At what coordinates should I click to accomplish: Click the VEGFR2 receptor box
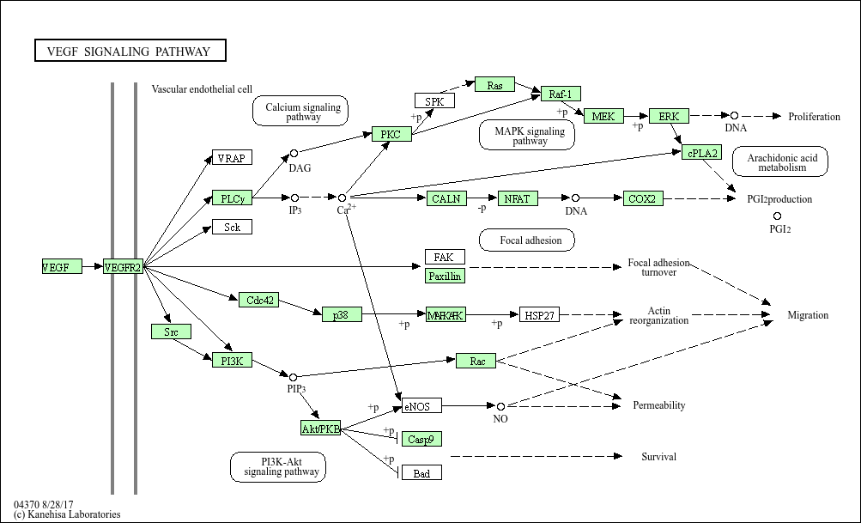[123, 266]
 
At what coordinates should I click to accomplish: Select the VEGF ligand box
[62, 266]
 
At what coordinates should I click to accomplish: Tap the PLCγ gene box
[233, 198]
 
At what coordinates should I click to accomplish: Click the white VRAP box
[233, 158]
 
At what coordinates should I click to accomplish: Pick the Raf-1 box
[561, 94]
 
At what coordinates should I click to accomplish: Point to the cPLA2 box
[701, 153]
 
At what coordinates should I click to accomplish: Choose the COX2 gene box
[643, 198]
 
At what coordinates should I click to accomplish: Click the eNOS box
[421, 406]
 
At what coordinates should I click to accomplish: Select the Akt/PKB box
[321, 428]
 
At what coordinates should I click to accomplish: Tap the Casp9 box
[421, 439]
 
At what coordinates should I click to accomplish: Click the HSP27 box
[539, 315]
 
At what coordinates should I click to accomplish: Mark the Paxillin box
[445, 276]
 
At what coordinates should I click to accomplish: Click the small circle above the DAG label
[294, 153]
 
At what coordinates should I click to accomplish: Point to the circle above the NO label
[500, 406]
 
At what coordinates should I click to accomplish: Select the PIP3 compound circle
[293, 377]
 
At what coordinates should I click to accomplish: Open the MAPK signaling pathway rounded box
[527, 135]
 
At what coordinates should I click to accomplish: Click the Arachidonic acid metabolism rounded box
[780, 161]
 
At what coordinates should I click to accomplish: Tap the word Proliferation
[815, 117]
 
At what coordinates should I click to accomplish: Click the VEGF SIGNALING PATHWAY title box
[130, 51]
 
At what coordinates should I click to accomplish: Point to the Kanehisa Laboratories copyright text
[67, 514]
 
